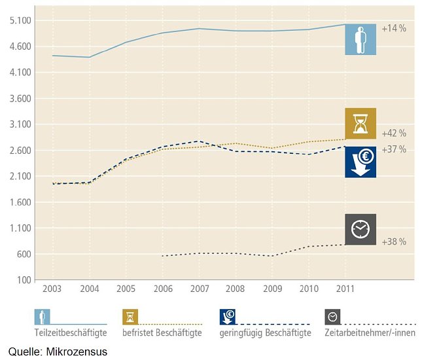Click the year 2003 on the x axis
[x=52, y=288]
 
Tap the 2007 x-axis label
[x=199, y=288]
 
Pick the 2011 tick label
[x=346, y=288]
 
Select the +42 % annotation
[x=394, y=133]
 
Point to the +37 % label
[x=394, y=149]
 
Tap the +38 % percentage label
[x=394, y=242]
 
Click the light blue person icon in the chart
[x=360, y=39]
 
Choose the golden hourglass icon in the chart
[x=360, y=124]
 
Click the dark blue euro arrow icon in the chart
[x=360, y=162]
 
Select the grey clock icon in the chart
[x=360, y=229]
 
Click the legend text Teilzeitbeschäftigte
[x=71, y=333]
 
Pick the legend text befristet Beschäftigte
[x=162, y=333]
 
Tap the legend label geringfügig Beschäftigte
[x=265, y=333]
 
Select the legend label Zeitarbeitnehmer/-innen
[x=370, y=333]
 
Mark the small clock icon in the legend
[x=332, y=317]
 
